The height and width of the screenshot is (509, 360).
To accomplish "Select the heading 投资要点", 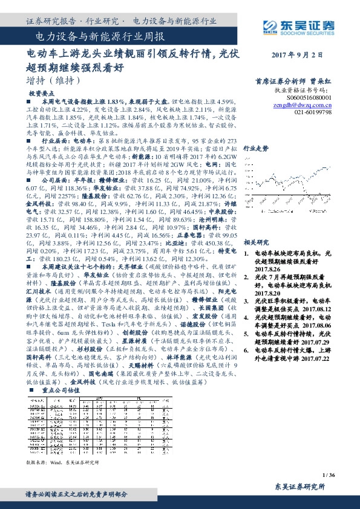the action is pyautogui.click(x=42, y=94).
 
